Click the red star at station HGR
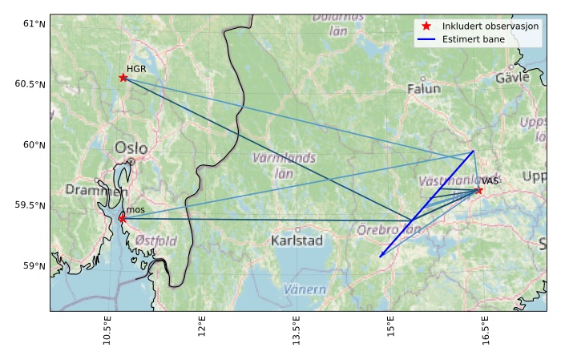coord(123,77)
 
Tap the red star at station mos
coord(122,218)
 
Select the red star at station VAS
coord(479,190)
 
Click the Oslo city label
coord(131,148)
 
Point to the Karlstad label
coord(297,241)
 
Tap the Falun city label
coord(424,89)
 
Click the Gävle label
coord(512,78)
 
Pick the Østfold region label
coord(155,241)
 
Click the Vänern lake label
coord(305,289)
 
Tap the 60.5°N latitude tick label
coord(30,84)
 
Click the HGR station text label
coord(136,70)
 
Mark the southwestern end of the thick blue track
coord(381,257)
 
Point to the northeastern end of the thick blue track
coord(473,151)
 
